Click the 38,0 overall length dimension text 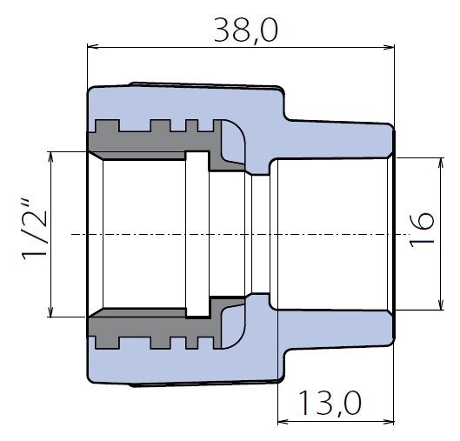[x=245, y=30]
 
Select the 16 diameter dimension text [x=422, y=230]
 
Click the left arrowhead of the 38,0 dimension [x=93, y=47]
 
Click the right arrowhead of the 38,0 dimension [x=389, y=47]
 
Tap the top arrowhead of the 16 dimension [x=440, y=164]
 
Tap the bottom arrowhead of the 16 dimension [x=440, y=304]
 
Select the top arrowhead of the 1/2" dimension [x=51, y=157]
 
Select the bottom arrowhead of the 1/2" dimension [x=51, y=311]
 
